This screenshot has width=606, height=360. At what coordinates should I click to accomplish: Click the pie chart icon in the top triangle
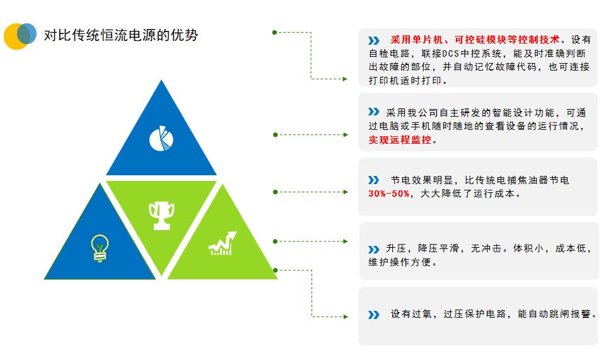pyautogui.click(x=161, y=138)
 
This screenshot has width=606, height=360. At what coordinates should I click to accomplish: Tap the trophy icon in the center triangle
pyautogui.click(x=161, y=216)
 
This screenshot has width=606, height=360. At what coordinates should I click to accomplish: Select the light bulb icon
pyautogui.click(x=100, y=248)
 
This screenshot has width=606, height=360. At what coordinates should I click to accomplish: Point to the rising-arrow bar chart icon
pyautogui.click(x=223, y=243)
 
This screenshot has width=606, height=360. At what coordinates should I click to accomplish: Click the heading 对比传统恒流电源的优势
pyautogui.click(x=121, y=35)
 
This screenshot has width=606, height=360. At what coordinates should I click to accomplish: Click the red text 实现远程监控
pyautogui.click(x=400, y=140)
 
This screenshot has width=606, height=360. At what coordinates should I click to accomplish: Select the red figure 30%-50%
pyautogui.click(x=389, y=194)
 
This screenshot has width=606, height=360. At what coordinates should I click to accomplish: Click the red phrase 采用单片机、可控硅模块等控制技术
pyautogui.click(x=475, y=39)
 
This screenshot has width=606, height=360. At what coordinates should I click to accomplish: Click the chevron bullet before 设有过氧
pyautogui.click(x=374, y=315)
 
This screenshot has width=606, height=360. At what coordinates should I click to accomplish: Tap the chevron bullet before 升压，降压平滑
pyautogui.click(x=374, y=250)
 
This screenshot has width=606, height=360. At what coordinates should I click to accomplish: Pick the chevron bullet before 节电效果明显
pyautogui.click(x=374, y=180)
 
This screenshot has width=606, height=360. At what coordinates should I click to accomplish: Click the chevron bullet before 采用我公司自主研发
pyautogui.click(x=374, y=112)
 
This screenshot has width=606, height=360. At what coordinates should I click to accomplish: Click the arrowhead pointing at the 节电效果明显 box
pyautogui.click(x=346, y=192)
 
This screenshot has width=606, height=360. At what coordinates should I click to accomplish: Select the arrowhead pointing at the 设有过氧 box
pyautogui.click(x=346, y=316)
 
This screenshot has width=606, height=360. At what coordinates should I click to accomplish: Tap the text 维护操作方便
pyautogui.click(x=400, y=262)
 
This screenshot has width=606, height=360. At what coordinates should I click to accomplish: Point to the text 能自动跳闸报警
pyautogui.click(x=554, y=314)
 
